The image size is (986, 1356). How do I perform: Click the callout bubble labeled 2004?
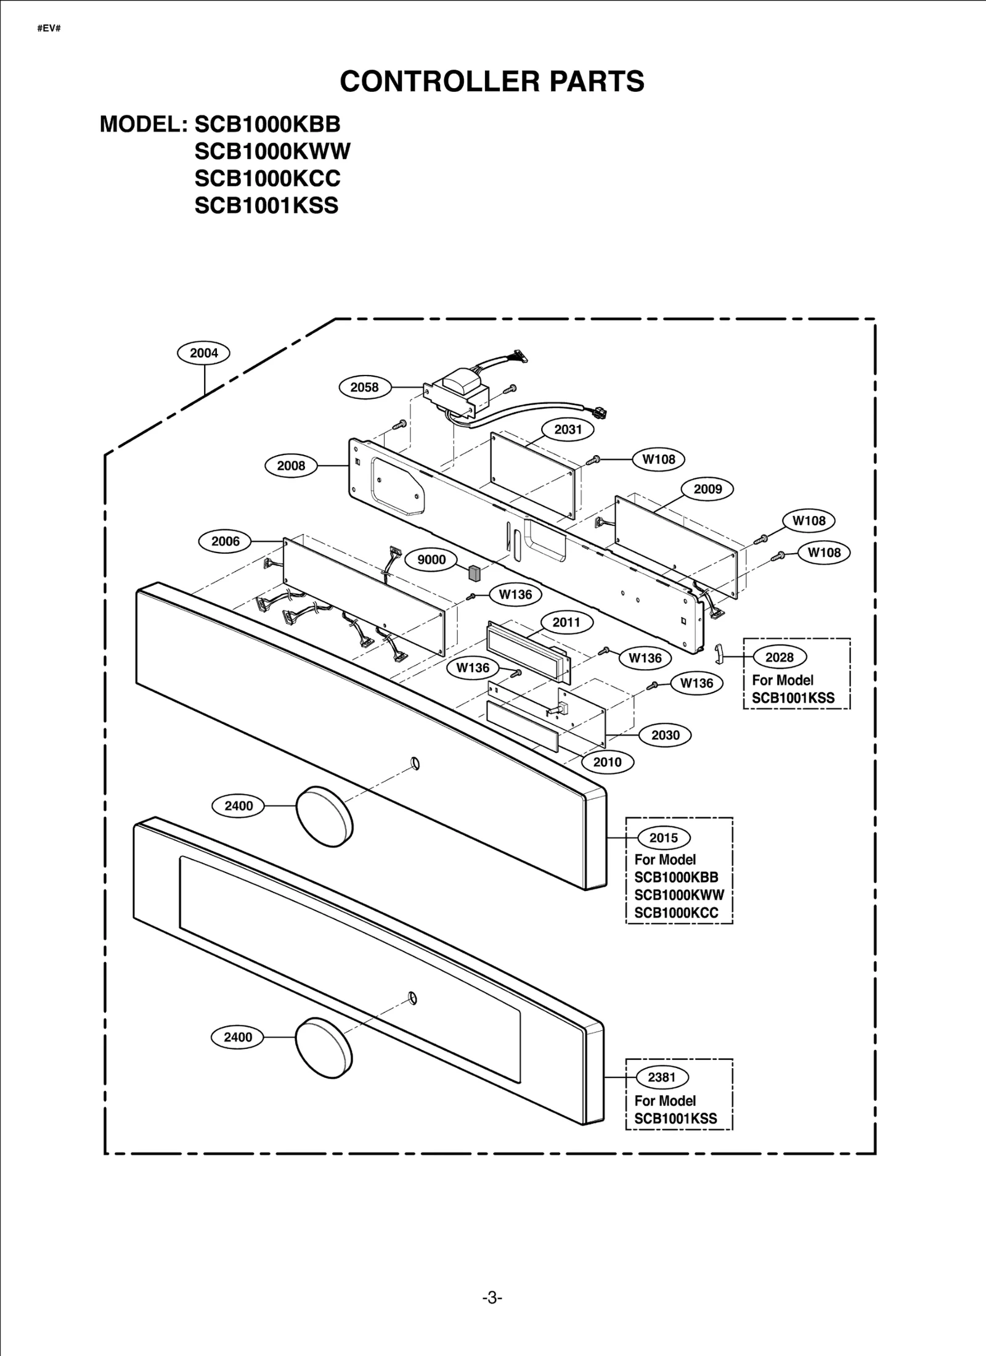click(x=203, y=353)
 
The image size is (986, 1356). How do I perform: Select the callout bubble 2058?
click(x=364, y=387)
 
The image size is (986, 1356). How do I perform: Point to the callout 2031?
click(x=568, y=429)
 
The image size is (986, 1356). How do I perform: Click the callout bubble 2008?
click(x=291, y=466)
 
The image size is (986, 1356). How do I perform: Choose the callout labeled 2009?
click(x=707, y=489)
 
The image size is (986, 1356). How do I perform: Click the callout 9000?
click(x=431, y=559)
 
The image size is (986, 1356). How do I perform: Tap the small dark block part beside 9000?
click(x=474, y=573)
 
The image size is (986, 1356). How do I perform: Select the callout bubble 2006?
click(x=226, y=541)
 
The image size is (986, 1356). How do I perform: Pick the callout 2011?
click(x=566, y=622)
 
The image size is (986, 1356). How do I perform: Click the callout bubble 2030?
click(x=665, y=735)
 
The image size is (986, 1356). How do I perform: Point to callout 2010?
click(x=607, y=762)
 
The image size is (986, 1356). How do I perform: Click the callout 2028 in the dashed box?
click(x=780, y=657)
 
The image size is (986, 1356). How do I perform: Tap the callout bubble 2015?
click(x=663, y=838)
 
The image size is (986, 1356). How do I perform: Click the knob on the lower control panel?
click(x=324, y=1048)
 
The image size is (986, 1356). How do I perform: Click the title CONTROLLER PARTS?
click(x=492, y=81)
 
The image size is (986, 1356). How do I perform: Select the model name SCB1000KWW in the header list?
click(x=272, y=151)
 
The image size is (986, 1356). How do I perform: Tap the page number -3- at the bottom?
click(x=492, y=1299)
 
